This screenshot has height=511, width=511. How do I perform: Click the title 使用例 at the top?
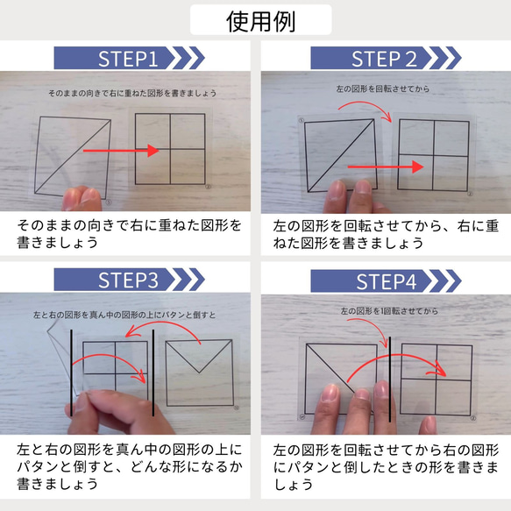(254, 19)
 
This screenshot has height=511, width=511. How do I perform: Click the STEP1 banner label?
(127, 59)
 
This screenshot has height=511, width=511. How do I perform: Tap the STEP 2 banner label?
(384, 59)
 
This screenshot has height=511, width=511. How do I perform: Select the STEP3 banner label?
(127, 280)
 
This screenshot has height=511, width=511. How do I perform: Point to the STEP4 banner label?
(384, 281)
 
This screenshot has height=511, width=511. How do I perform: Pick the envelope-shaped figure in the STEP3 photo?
(199, 373)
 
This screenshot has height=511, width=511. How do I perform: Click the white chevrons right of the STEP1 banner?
(186, 59)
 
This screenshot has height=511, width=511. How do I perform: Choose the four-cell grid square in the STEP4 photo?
(436, 379)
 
